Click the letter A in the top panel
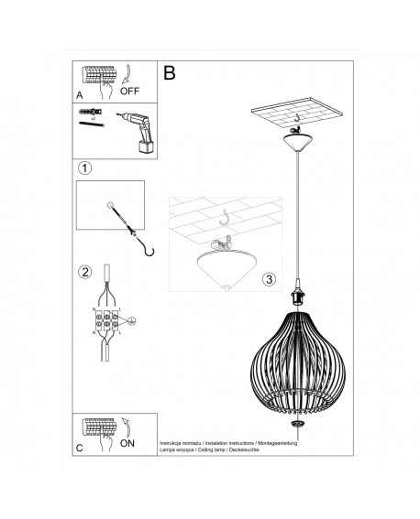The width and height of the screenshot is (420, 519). tap(80, 93)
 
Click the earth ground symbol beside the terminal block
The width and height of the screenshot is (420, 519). tap(131, 321)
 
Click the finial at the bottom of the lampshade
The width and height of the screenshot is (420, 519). tap(298, 423)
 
